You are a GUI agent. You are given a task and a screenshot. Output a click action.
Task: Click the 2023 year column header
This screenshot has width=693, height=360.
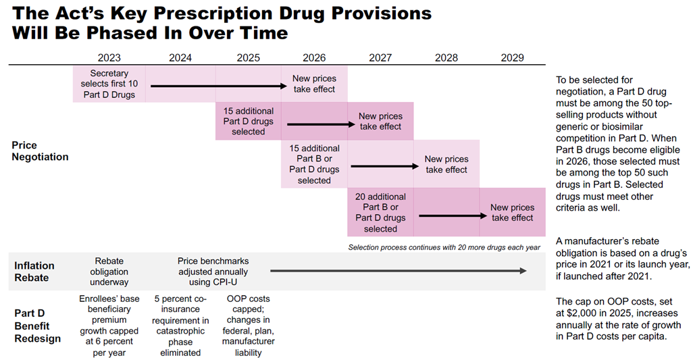coord(109,57)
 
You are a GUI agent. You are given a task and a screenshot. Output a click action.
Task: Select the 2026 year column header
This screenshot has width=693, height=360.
coord(314,57)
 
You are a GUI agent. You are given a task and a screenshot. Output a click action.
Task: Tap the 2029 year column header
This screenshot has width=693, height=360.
coord(512,57)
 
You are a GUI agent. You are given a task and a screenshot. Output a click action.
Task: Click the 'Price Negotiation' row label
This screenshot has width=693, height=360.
coord(40,151)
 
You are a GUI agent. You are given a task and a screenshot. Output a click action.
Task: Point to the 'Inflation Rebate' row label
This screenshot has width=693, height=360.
coord(34,271)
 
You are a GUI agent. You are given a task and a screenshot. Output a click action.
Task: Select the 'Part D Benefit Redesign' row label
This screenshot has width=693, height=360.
coord(37,326)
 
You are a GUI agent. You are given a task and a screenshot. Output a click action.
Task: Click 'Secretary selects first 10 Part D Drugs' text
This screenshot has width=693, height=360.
coord(109,84)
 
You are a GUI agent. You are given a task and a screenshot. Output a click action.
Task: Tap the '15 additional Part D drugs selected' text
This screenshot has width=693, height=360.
coord(248,121)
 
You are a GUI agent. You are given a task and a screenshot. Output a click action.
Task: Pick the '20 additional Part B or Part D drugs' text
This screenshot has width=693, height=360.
coord(380,213)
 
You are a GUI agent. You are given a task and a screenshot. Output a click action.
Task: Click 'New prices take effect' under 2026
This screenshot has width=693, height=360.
coord(314,84)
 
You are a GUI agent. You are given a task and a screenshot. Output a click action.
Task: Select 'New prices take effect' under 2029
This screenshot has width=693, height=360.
coord(512,213)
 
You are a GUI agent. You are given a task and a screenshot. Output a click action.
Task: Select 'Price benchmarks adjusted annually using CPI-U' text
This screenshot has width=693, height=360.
coord(213,271)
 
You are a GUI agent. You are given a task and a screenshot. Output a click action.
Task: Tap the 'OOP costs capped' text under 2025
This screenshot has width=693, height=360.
coord(248,304)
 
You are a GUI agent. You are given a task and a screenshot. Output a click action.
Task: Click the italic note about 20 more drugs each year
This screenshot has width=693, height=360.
coord(444,247)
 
